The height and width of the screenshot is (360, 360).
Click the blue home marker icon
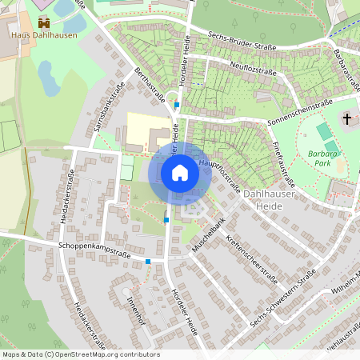180,172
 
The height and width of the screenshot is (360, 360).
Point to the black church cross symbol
346,120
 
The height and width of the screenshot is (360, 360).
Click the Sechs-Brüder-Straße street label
242,41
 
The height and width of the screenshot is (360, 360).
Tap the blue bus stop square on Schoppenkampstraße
148,262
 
